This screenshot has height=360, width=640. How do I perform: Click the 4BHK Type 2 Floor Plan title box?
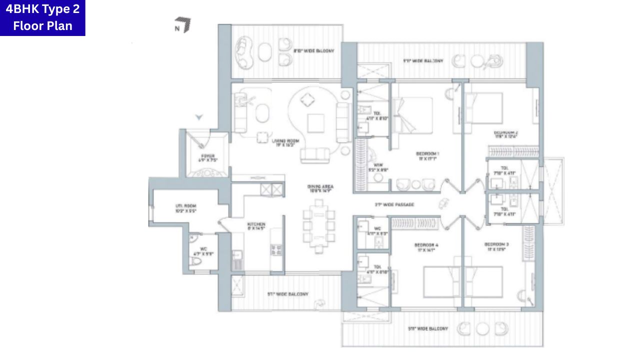pos(42,18)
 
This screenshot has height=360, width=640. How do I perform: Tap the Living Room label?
pos(285,143)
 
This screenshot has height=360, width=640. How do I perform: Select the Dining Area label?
pos(320,188)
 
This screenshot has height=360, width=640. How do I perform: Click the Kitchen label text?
pos(256,226)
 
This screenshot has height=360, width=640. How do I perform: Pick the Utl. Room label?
pos(172,208)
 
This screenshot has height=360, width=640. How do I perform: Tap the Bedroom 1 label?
pos(427,155)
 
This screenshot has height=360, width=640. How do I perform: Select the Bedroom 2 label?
pos(505,134)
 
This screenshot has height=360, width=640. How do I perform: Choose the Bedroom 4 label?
pos(426,247)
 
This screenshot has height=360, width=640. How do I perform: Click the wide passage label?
pos(394,204)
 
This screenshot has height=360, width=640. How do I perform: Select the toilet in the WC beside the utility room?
pos(196,260)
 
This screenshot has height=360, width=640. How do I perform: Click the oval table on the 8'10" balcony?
pos(265,51)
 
